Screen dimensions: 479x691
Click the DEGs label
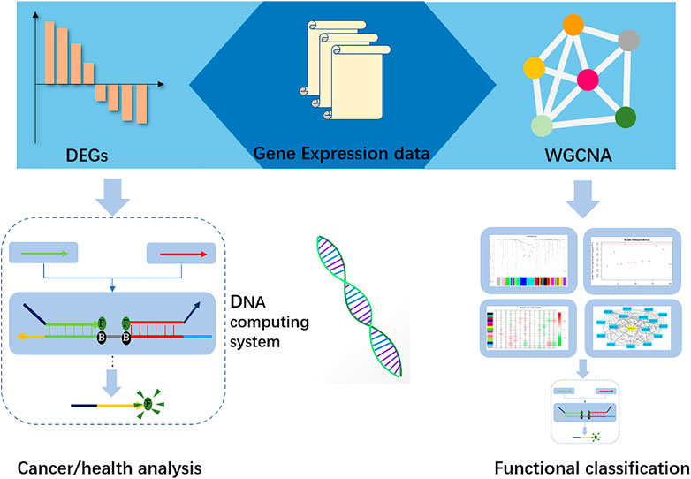click(x=90, y=155)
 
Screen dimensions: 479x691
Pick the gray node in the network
click(x=628, y=40)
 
